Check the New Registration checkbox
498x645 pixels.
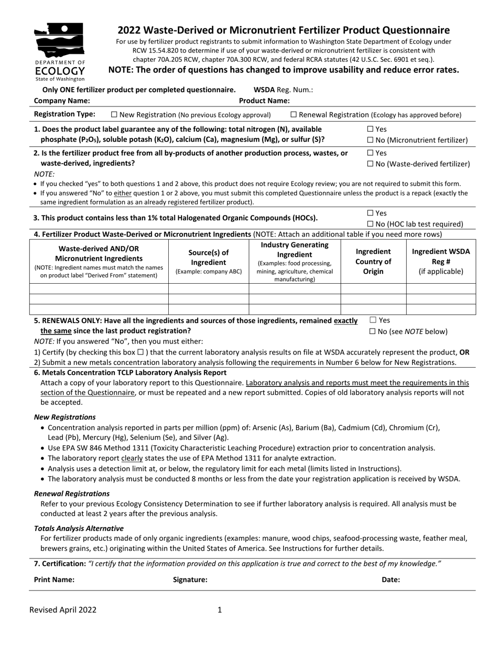pos(115,115)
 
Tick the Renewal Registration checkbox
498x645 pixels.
pos(294,115)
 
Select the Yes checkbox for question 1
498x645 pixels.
pos(371,129)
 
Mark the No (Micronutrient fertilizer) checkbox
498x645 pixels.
pos(371,140)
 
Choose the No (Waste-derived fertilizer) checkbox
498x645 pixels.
pos(371,164)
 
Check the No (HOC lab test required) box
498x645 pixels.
pos(371,224)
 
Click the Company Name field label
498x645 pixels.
pos(62,101)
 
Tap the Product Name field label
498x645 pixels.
pos(264,101)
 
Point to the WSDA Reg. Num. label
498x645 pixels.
pos(283,90)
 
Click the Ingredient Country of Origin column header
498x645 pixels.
pos(373,261)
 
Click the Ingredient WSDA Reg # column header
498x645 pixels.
pos(441,261)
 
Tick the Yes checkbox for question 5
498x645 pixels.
pos(373,320)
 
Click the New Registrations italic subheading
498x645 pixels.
pos(65,417)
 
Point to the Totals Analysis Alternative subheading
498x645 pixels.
pos(79,528)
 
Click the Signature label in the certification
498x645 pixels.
pos(190,579)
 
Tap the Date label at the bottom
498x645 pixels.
pos(391,579)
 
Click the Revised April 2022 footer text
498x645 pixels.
pos(63,609)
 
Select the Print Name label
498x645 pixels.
pos(54,579)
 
